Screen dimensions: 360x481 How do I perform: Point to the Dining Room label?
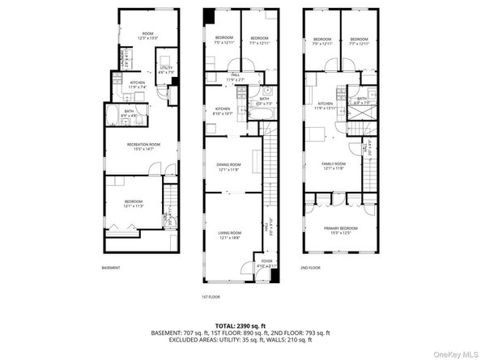tap(228, 167)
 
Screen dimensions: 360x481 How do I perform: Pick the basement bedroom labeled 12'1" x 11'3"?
tap(134, 204)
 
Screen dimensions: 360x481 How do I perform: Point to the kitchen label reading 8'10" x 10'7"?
tap(223, 112)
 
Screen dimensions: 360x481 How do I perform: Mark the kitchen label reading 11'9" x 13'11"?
tap(326, 106)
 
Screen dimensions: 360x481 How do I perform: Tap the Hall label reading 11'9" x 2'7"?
tap(235, 78)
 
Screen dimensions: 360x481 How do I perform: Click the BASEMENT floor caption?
tap(111, 268)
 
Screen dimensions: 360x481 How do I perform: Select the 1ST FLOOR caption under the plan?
tap(211, 297)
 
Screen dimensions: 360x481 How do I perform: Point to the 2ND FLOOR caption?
tap(310, 268)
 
